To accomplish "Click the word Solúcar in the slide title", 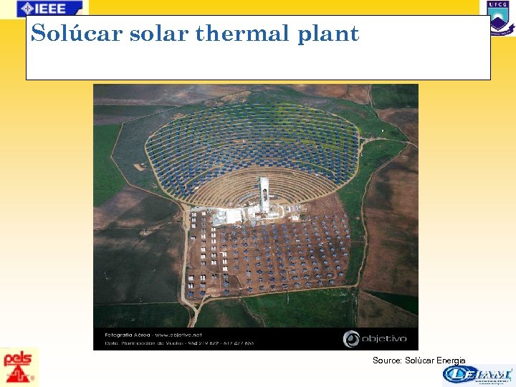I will (77, 34).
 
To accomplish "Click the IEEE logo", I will (49, 9).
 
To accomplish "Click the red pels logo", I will (19, 366).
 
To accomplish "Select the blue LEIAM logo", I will (477, 375).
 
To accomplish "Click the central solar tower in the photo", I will (264, 194).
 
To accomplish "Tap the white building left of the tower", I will (229, 216).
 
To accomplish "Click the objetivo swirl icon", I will (352, 338).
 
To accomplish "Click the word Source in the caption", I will (387, 360).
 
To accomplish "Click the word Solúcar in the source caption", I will (419, 360).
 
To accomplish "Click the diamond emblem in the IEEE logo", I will (27, 9).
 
